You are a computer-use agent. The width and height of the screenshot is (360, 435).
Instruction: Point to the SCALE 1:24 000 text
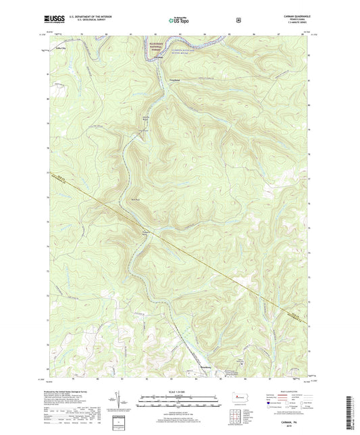pyautogui.click(x=179, y=392)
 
